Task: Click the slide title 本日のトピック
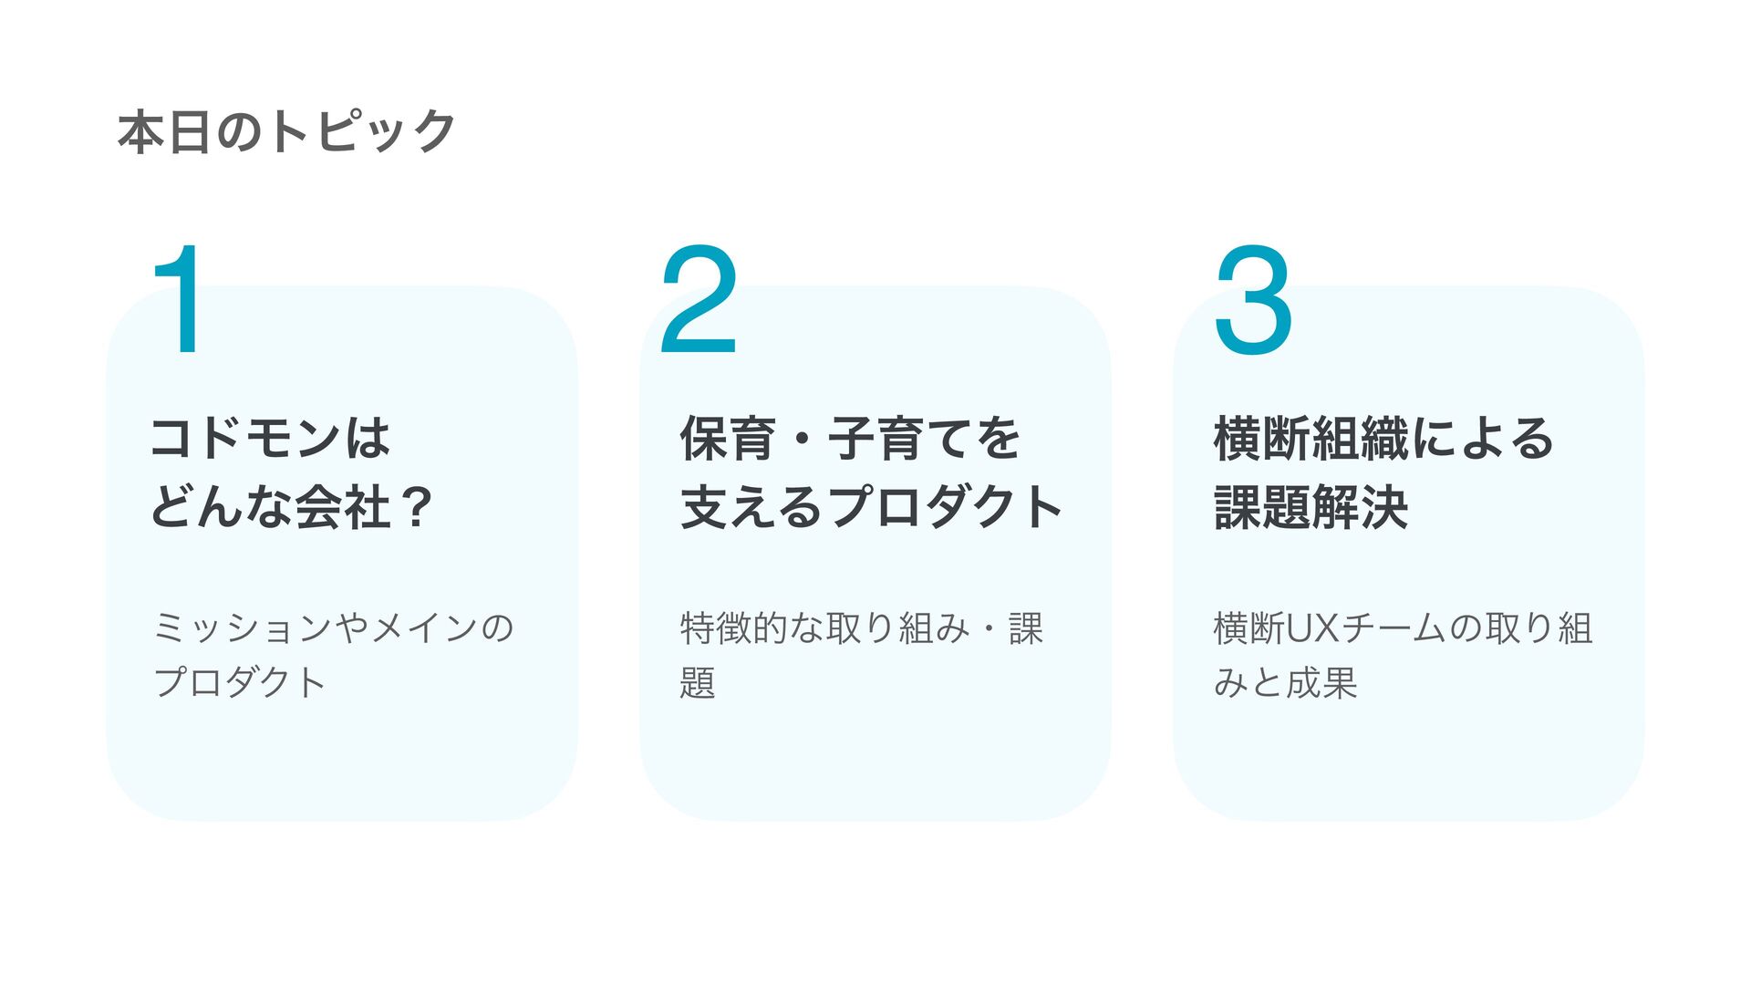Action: click(x=286, y=131)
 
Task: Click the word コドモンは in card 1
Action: click(x=271, y=438)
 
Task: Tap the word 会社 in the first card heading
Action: click(x=343, y=507)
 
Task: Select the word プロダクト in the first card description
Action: click(x=240, y=682)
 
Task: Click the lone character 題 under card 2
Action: click(x=698, y=682)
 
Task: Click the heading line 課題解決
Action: click(x=1311, y=507)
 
